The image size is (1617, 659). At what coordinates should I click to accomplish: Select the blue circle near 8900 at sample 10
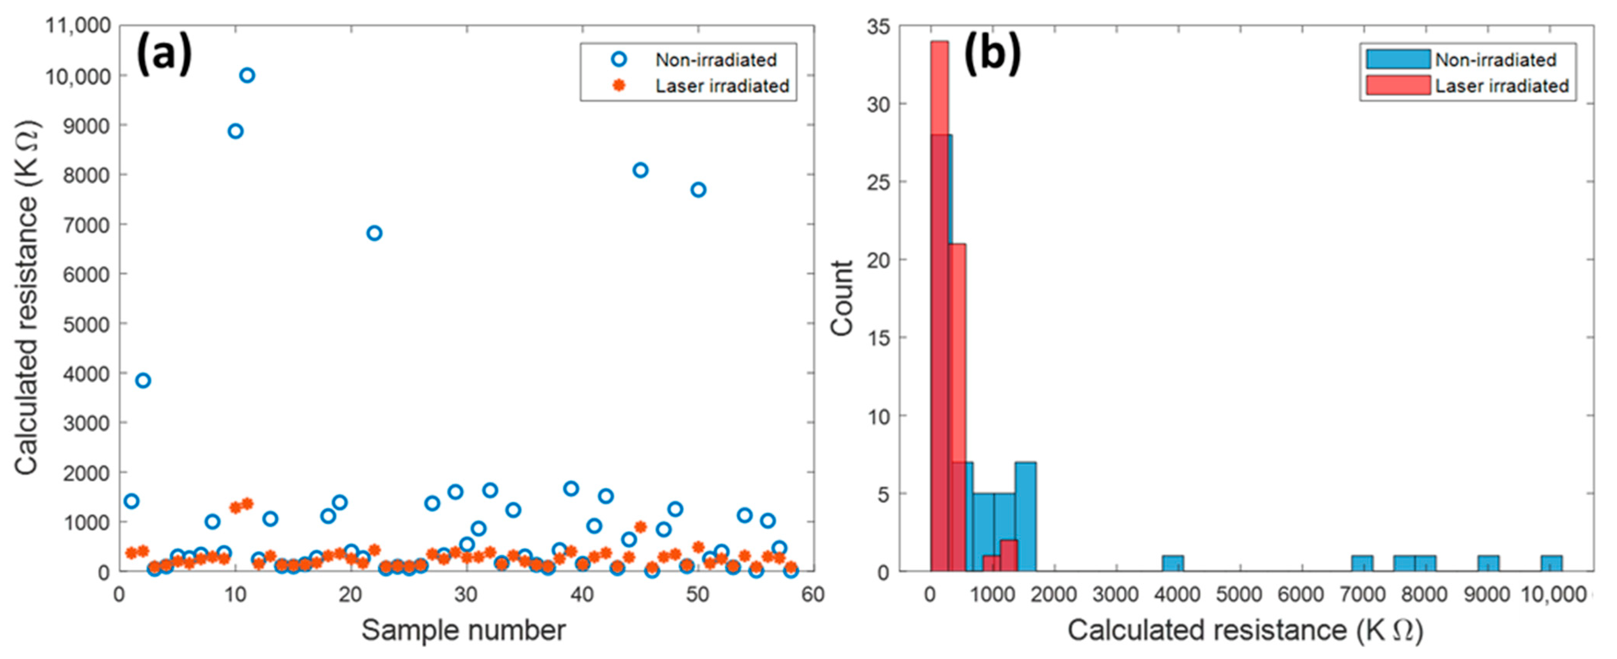pyautogui.click(x=236, y=131)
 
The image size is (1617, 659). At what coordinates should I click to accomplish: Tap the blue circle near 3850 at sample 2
pyautogui.click(x=143, y=380)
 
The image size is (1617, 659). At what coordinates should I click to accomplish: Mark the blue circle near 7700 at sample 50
pyautogui.click(x=698, y=190)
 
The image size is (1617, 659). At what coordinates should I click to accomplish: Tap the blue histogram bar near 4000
pyautogui.click(x=1172, y=563)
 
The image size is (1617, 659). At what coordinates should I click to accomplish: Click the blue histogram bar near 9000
pyautogui.click(x=1488, y=563)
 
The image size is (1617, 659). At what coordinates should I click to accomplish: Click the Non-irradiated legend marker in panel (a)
pyautogui.click(x=619, y=60)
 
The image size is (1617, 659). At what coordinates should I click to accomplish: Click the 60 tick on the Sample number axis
pyautogui.click(x=813, y=594)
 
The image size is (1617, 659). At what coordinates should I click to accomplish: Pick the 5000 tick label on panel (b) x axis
pyautogui.click(x=1239, y=594)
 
